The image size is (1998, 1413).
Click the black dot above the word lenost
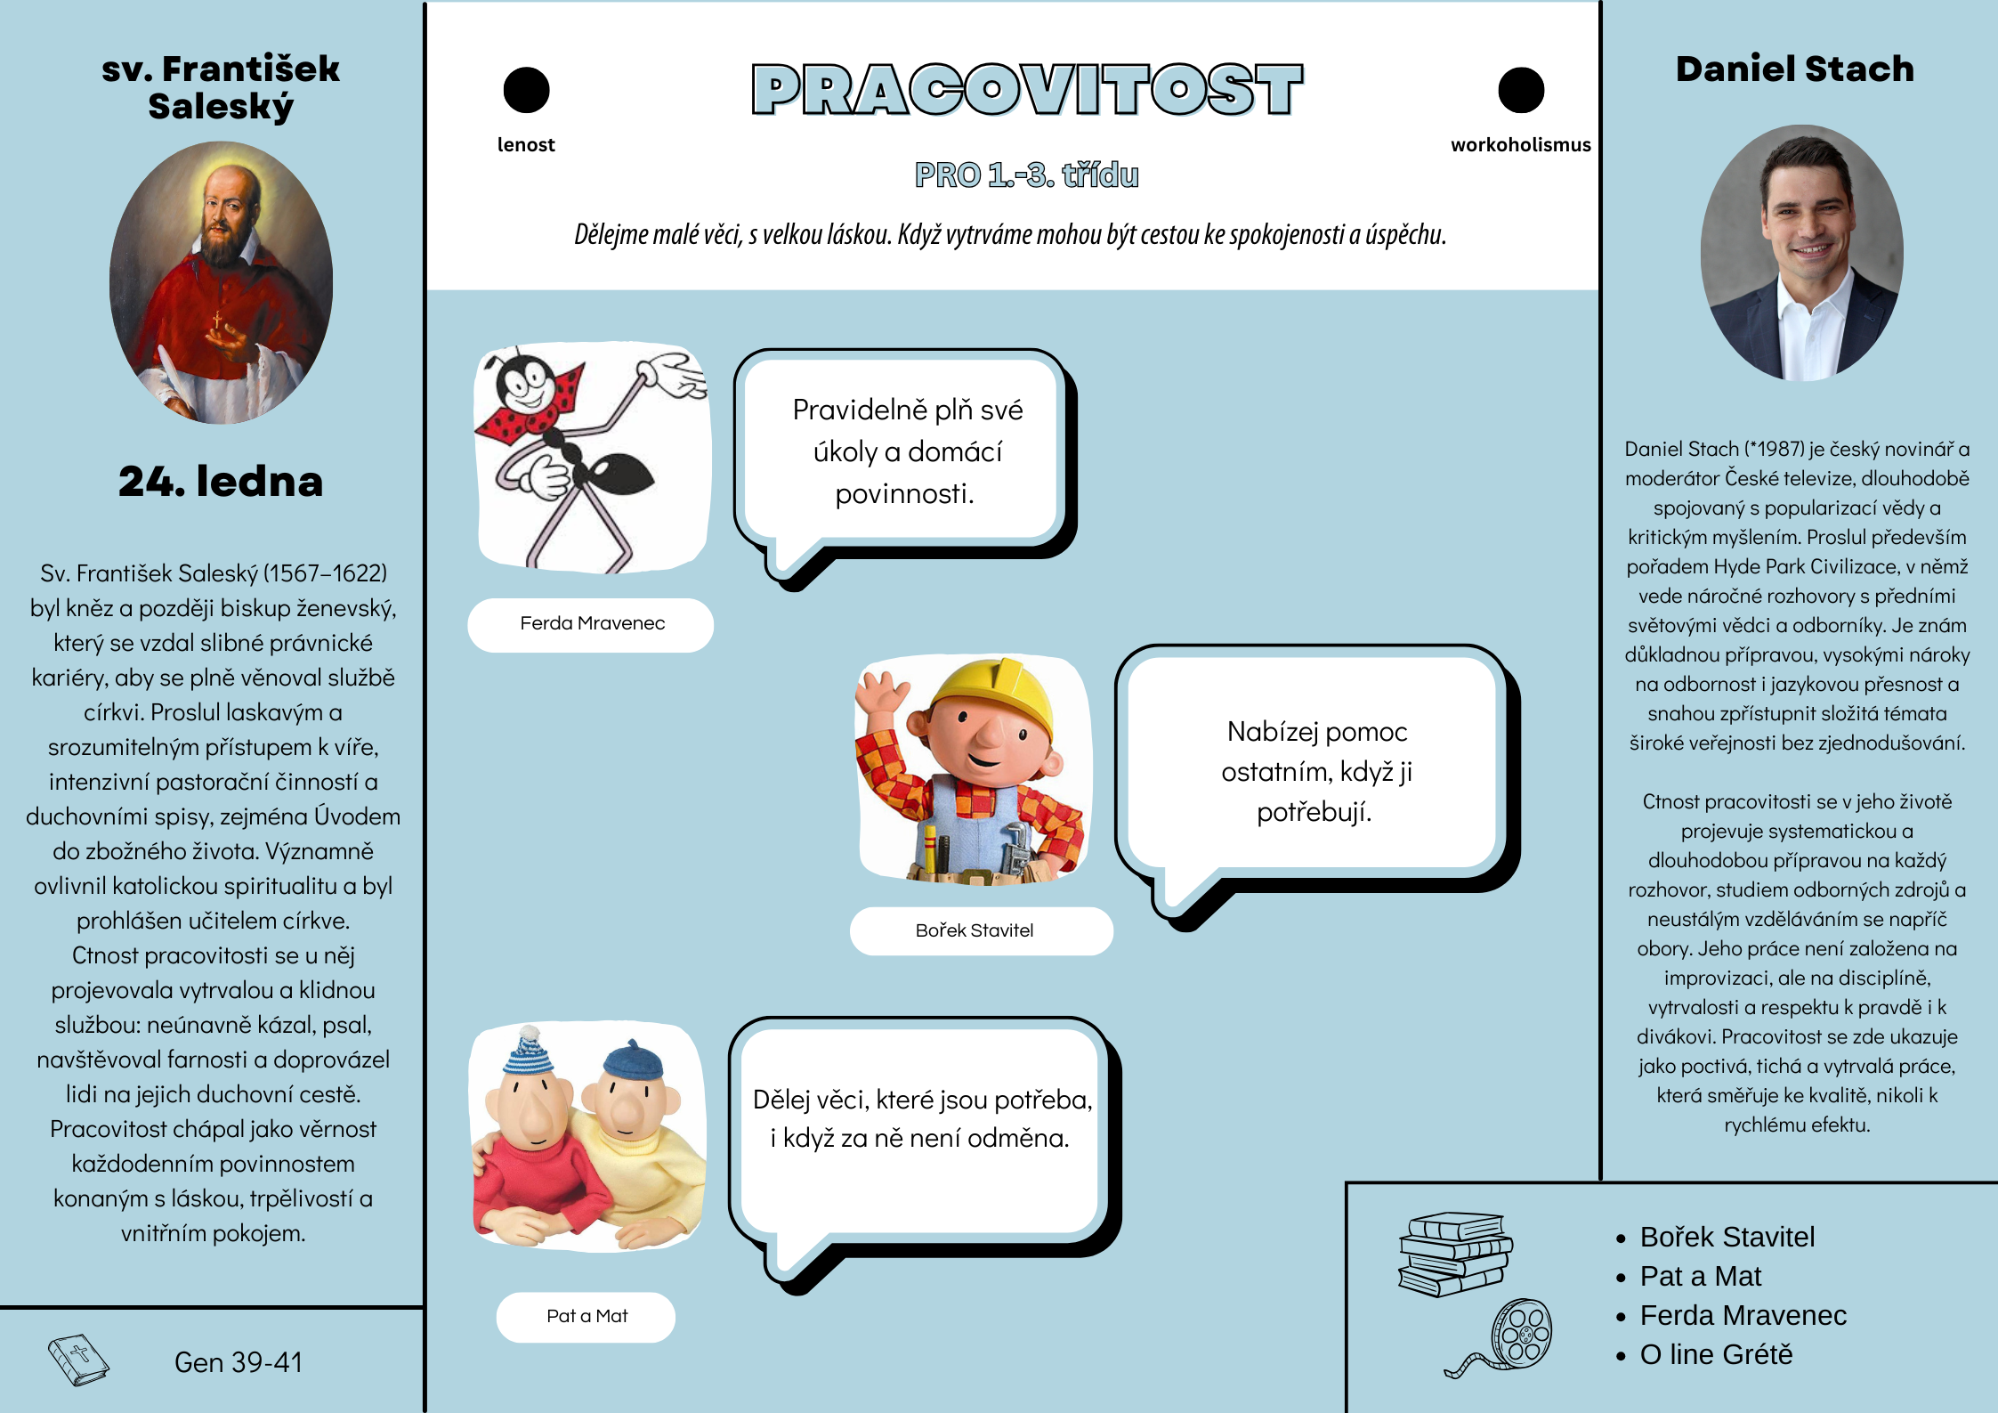click(526, 90)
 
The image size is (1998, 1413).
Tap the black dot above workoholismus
click(1521, 90)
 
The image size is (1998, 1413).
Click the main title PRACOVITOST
click(1027, 90)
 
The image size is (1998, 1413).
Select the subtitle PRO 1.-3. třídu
click(1026, 175)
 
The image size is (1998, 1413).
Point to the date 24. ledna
click(221, 482)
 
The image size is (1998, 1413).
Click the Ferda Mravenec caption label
click(592, 624)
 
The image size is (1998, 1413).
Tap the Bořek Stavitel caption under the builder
click(975, 930)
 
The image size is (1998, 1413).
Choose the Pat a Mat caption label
click(586, 1316)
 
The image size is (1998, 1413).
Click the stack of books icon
click(1454, 1254)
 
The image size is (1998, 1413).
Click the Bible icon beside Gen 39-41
click(78, 1360)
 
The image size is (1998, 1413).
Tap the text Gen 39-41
click(239, 1362)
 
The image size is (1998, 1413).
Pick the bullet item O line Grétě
click(1715, 1354)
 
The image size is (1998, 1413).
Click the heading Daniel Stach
click(1794, 69)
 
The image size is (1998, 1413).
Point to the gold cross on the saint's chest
click(216, 320)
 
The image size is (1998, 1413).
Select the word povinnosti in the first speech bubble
click(903, 493)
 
